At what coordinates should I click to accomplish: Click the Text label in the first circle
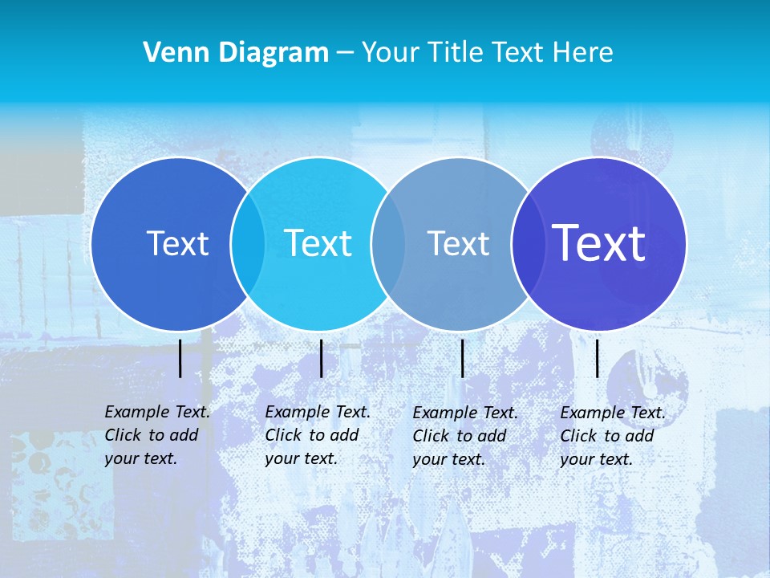pos(177,243)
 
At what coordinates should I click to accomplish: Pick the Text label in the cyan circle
pos(318,243)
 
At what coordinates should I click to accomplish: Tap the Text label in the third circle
pos(458,243)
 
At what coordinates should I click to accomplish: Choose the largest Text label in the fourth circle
pos(599,243)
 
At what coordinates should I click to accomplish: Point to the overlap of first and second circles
pos(248,244)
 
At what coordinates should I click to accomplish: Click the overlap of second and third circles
pos(388,244)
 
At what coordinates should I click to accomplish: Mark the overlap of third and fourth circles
pos(528,244)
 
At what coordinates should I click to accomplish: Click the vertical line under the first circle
pos(180,358)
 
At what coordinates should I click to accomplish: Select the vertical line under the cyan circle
pos(321,358)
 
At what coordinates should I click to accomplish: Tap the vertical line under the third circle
pos(463,358)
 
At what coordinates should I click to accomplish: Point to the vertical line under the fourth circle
pos(598,358)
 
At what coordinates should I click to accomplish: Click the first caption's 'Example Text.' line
pos(157,412)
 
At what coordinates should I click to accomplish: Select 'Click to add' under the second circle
pos(312,435)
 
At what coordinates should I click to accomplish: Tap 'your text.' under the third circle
pos(449,459)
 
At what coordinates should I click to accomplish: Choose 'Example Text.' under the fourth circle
pos(613,413)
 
